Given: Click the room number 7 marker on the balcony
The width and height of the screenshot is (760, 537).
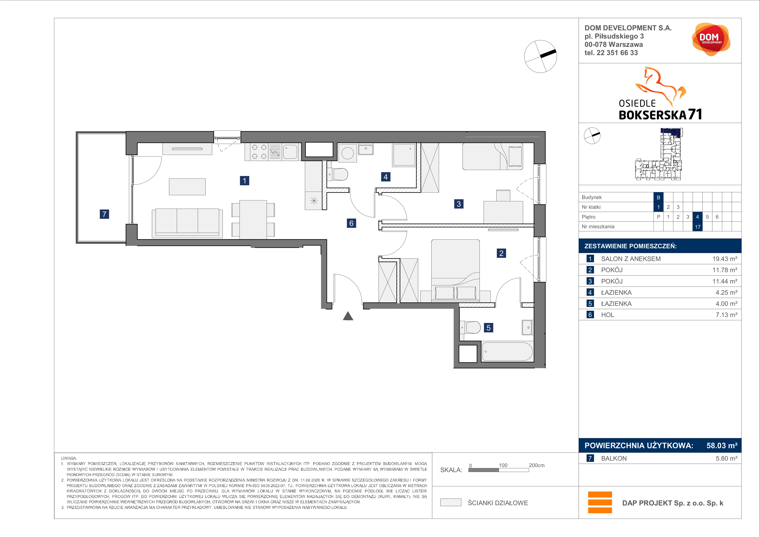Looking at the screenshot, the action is tap(104, 214).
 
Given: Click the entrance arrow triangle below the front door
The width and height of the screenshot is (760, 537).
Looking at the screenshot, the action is tap(348, 316).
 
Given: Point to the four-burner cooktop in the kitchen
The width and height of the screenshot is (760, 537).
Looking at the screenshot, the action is tap(259, 152).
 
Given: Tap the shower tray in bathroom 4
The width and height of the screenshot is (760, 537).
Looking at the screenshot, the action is tap(404, 155).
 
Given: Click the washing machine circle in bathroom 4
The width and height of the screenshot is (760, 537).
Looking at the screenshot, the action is tap(348, 153).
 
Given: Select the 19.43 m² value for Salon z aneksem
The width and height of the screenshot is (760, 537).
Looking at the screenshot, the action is tap(725, 259).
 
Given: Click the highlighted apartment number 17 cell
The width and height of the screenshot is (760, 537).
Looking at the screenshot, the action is tap(697, 227).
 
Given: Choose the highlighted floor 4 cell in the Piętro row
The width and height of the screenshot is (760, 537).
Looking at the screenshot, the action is tap(697, 217).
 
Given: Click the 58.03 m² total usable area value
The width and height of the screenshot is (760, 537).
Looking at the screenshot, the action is tap(722, 445).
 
